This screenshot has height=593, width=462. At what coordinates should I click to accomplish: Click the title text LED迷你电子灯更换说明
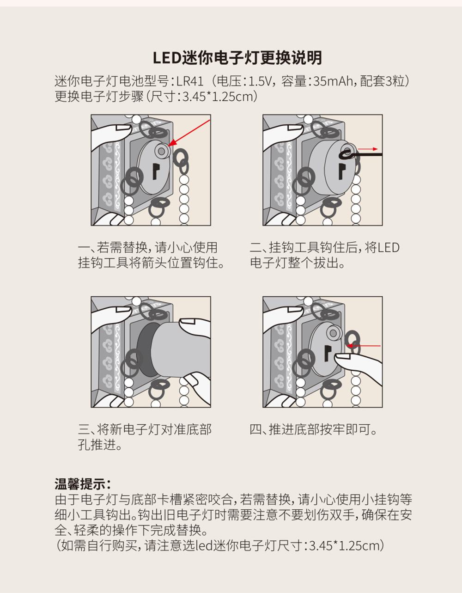pyautogui.click(x=237, y=58)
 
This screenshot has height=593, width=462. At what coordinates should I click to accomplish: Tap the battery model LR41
pyautogui.click(x=190, y=81)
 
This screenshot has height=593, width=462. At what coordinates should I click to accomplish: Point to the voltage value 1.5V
pyautogui.click(x=261, y=81)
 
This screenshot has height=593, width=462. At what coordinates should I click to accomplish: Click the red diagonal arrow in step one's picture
pyautogui.click(x=189, y=133)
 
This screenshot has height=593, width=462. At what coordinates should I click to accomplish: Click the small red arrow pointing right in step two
pyautogui.click(x=368, y=149)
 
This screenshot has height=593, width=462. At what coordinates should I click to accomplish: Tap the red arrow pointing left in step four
pyautogui.click(x=363, y=346)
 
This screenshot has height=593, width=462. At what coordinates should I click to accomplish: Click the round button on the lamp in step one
pyautogui.click(x=162, y=151)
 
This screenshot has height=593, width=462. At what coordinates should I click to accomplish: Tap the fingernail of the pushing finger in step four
pyautogui.click(x=342, y=356)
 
